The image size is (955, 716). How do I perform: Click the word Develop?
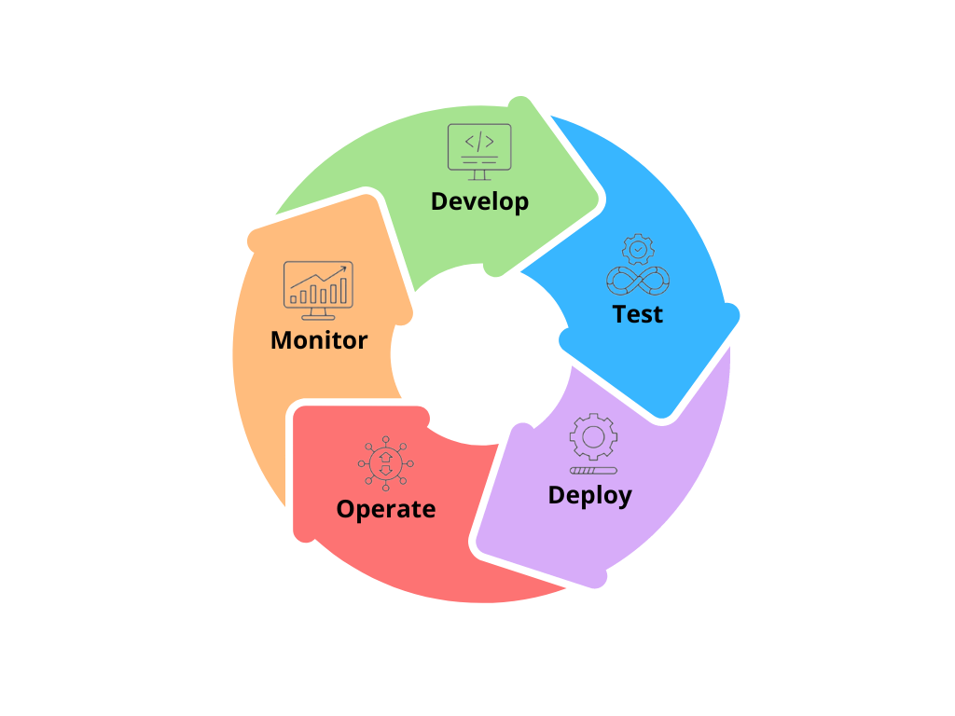(x=479, y=201)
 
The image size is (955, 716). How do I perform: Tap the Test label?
(x=637, y=314)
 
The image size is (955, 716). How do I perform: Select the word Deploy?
(x=589, y=495)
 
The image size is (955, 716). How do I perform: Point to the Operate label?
(x=385, y=509)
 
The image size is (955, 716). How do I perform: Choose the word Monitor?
(x=319, y=339)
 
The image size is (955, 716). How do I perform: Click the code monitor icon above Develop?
(x=479, y=152)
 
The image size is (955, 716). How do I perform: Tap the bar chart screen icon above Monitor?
(x=318, y=291)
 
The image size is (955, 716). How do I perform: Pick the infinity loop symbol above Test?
(x=638, y=281)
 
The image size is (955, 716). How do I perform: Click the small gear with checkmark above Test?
(x=638, y=249)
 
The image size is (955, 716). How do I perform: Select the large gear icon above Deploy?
(x=593, y=436)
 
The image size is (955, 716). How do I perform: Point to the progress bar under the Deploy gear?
(x=593, y=471)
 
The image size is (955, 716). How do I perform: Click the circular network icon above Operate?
(x=385, y=463)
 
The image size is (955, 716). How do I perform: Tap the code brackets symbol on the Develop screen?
(x=479, y=142)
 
